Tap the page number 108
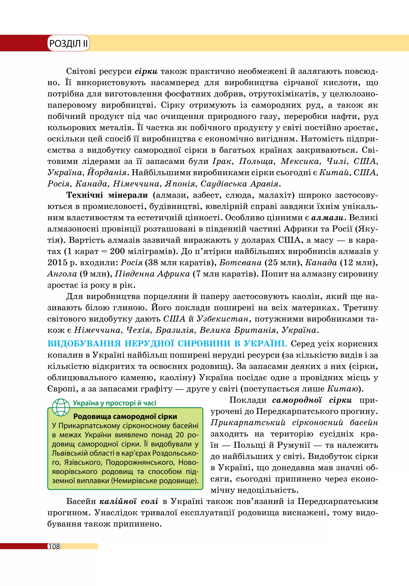point(54,546)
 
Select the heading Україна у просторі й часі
point(114,403)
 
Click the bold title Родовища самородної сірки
point(125,417)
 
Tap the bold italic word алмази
point(328,218)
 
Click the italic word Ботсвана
point(240,263)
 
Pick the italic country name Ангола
point(62,274)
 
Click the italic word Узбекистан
point(222,319)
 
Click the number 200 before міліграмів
point(117,251)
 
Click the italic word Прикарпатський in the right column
point(248,423)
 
